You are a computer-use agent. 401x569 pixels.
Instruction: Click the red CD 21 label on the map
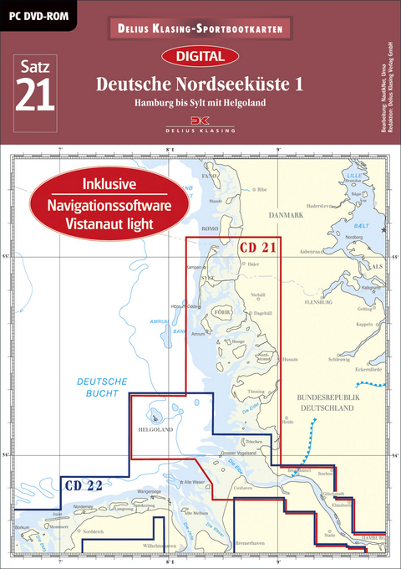point(257,248)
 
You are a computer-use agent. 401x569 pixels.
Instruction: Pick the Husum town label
point(290,360)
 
